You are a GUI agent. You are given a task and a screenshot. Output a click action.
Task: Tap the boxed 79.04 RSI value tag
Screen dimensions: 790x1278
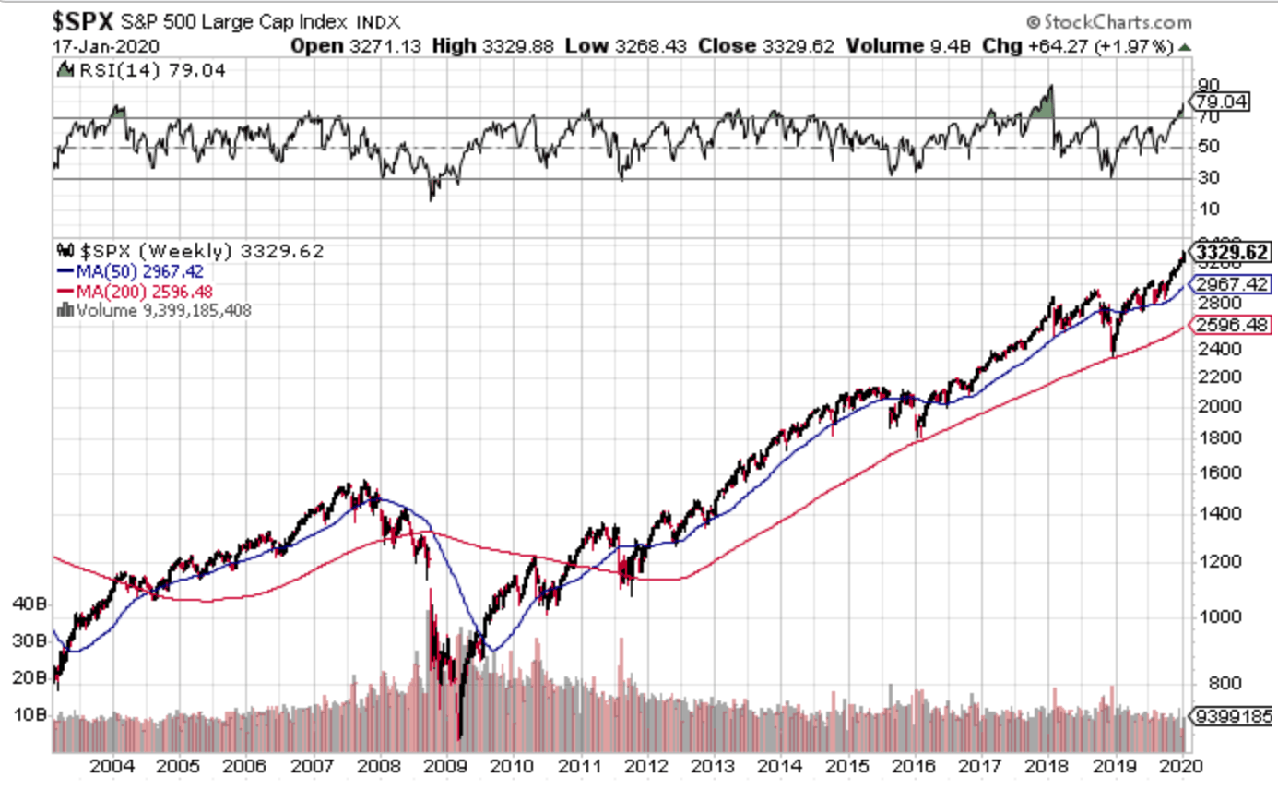pyautogui.click(x=1220, y=102)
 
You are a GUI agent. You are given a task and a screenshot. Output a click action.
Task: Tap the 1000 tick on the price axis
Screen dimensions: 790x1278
pyautogui.click(x=1214, y=616)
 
